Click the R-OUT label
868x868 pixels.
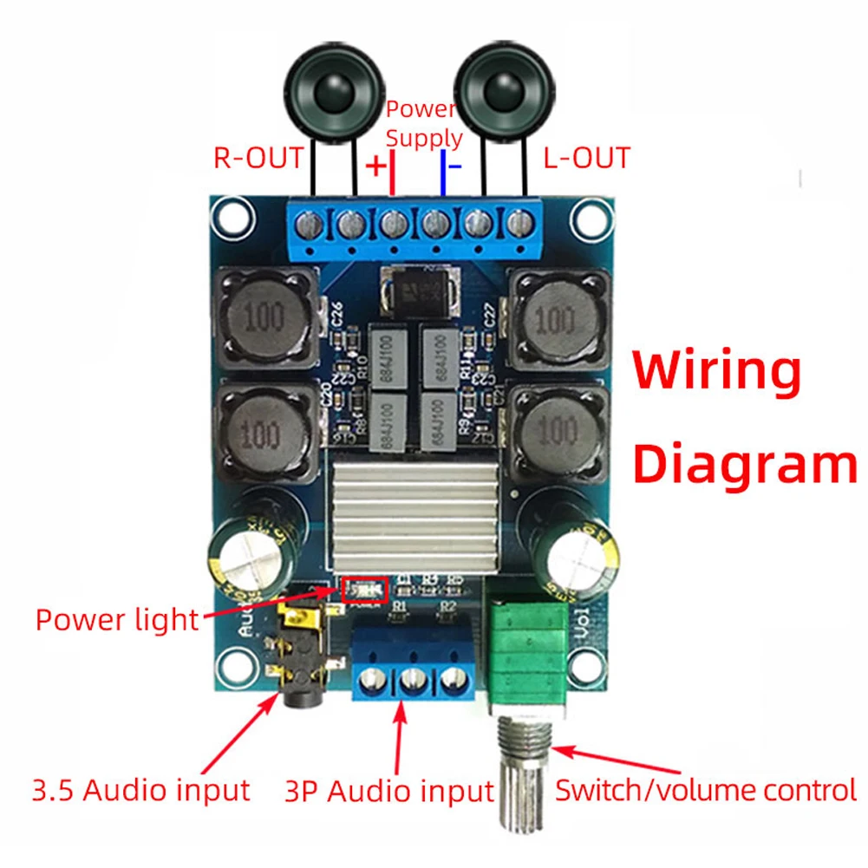(258, 158)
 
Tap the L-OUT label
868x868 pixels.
(586, 158)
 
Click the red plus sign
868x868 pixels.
(375, 166)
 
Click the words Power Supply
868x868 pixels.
(423, 123)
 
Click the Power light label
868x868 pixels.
(117, 619)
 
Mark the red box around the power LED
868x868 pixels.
(363, 590)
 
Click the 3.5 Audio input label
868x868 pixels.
(140, 790)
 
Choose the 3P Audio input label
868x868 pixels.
(388, 791)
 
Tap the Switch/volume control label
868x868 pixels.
(706, 790)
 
